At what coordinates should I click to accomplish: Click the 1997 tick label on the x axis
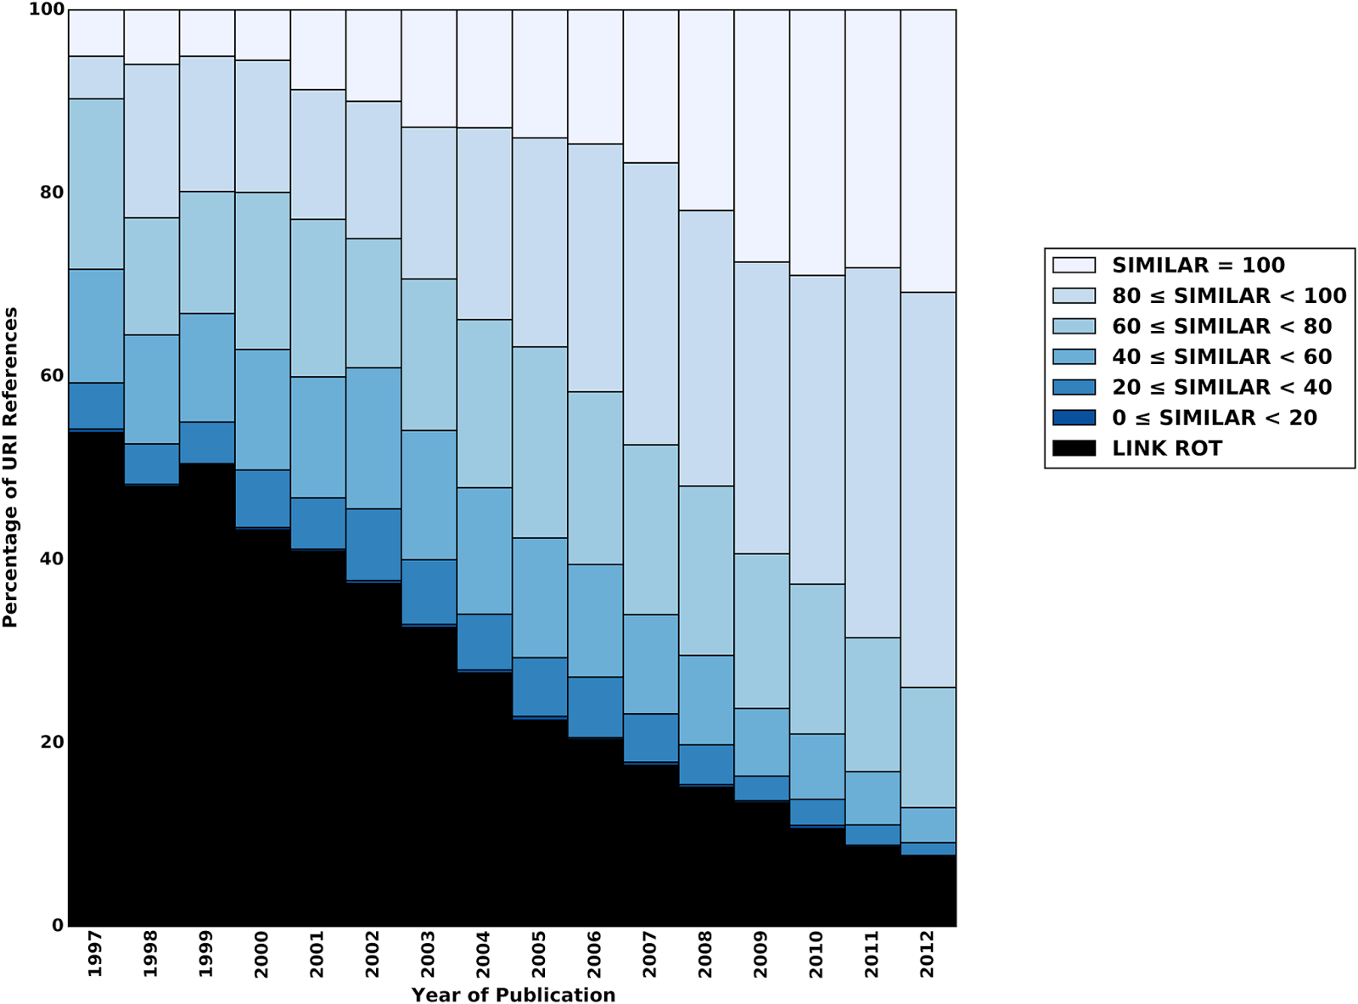95,953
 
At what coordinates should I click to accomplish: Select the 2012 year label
928,953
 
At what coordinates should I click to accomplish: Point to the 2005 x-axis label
539,953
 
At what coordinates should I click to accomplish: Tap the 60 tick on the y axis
52,375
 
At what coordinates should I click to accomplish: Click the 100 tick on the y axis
46,9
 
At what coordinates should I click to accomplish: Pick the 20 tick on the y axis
52,742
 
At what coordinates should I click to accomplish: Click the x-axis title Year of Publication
513,994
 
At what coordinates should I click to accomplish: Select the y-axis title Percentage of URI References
10,468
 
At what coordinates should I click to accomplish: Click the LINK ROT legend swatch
1074,448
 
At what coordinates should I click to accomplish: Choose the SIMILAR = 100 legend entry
1198,265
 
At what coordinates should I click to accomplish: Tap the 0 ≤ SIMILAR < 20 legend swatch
1074,418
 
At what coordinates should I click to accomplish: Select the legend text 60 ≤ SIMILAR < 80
1221,326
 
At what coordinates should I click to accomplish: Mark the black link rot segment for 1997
96,679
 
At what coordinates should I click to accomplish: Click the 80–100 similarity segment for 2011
873,452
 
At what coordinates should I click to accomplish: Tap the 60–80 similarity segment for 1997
96,184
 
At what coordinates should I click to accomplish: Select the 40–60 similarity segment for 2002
373,438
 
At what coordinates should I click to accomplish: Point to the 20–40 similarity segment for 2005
540,687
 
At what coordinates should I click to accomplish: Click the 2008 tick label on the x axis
705,953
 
